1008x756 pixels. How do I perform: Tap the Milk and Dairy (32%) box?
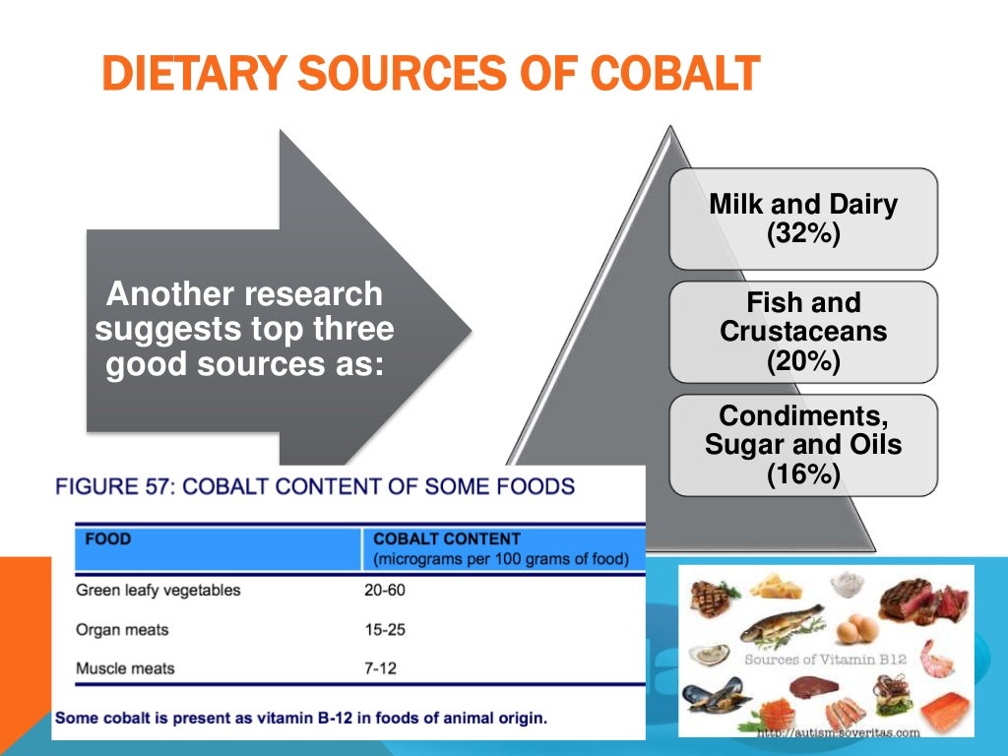[803, 219]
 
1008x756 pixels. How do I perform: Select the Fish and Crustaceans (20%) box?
[803, 332]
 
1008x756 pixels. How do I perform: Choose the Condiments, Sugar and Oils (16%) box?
[803, 445]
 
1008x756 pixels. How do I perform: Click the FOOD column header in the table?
[108, 539]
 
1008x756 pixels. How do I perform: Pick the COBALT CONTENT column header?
[447, 539]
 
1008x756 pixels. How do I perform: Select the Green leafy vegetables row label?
[157, 591]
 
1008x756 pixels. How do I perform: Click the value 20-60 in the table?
[385, 591]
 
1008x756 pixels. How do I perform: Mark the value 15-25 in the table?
[385, 630]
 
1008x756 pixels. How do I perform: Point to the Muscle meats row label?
[125, 668]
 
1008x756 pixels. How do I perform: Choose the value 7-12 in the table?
[380, 668]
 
